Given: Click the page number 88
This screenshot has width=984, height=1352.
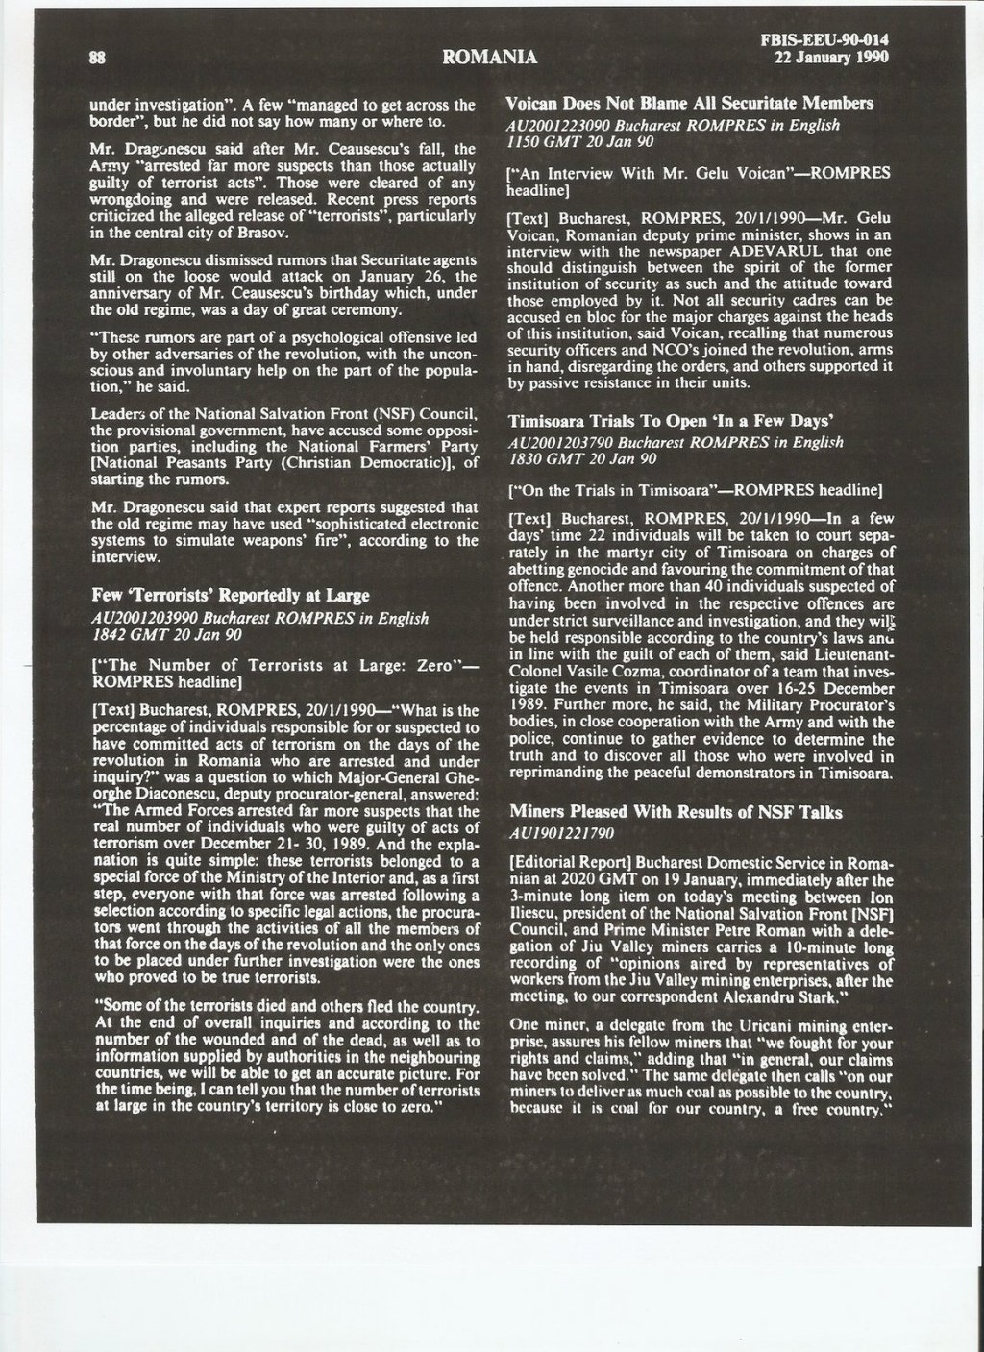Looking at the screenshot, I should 97,56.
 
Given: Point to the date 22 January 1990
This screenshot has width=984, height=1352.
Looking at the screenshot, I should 831,57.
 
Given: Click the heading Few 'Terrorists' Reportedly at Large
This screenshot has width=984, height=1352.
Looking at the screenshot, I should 230,596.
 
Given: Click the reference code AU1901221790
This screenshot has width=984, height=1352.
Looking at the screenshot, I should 560,833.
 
